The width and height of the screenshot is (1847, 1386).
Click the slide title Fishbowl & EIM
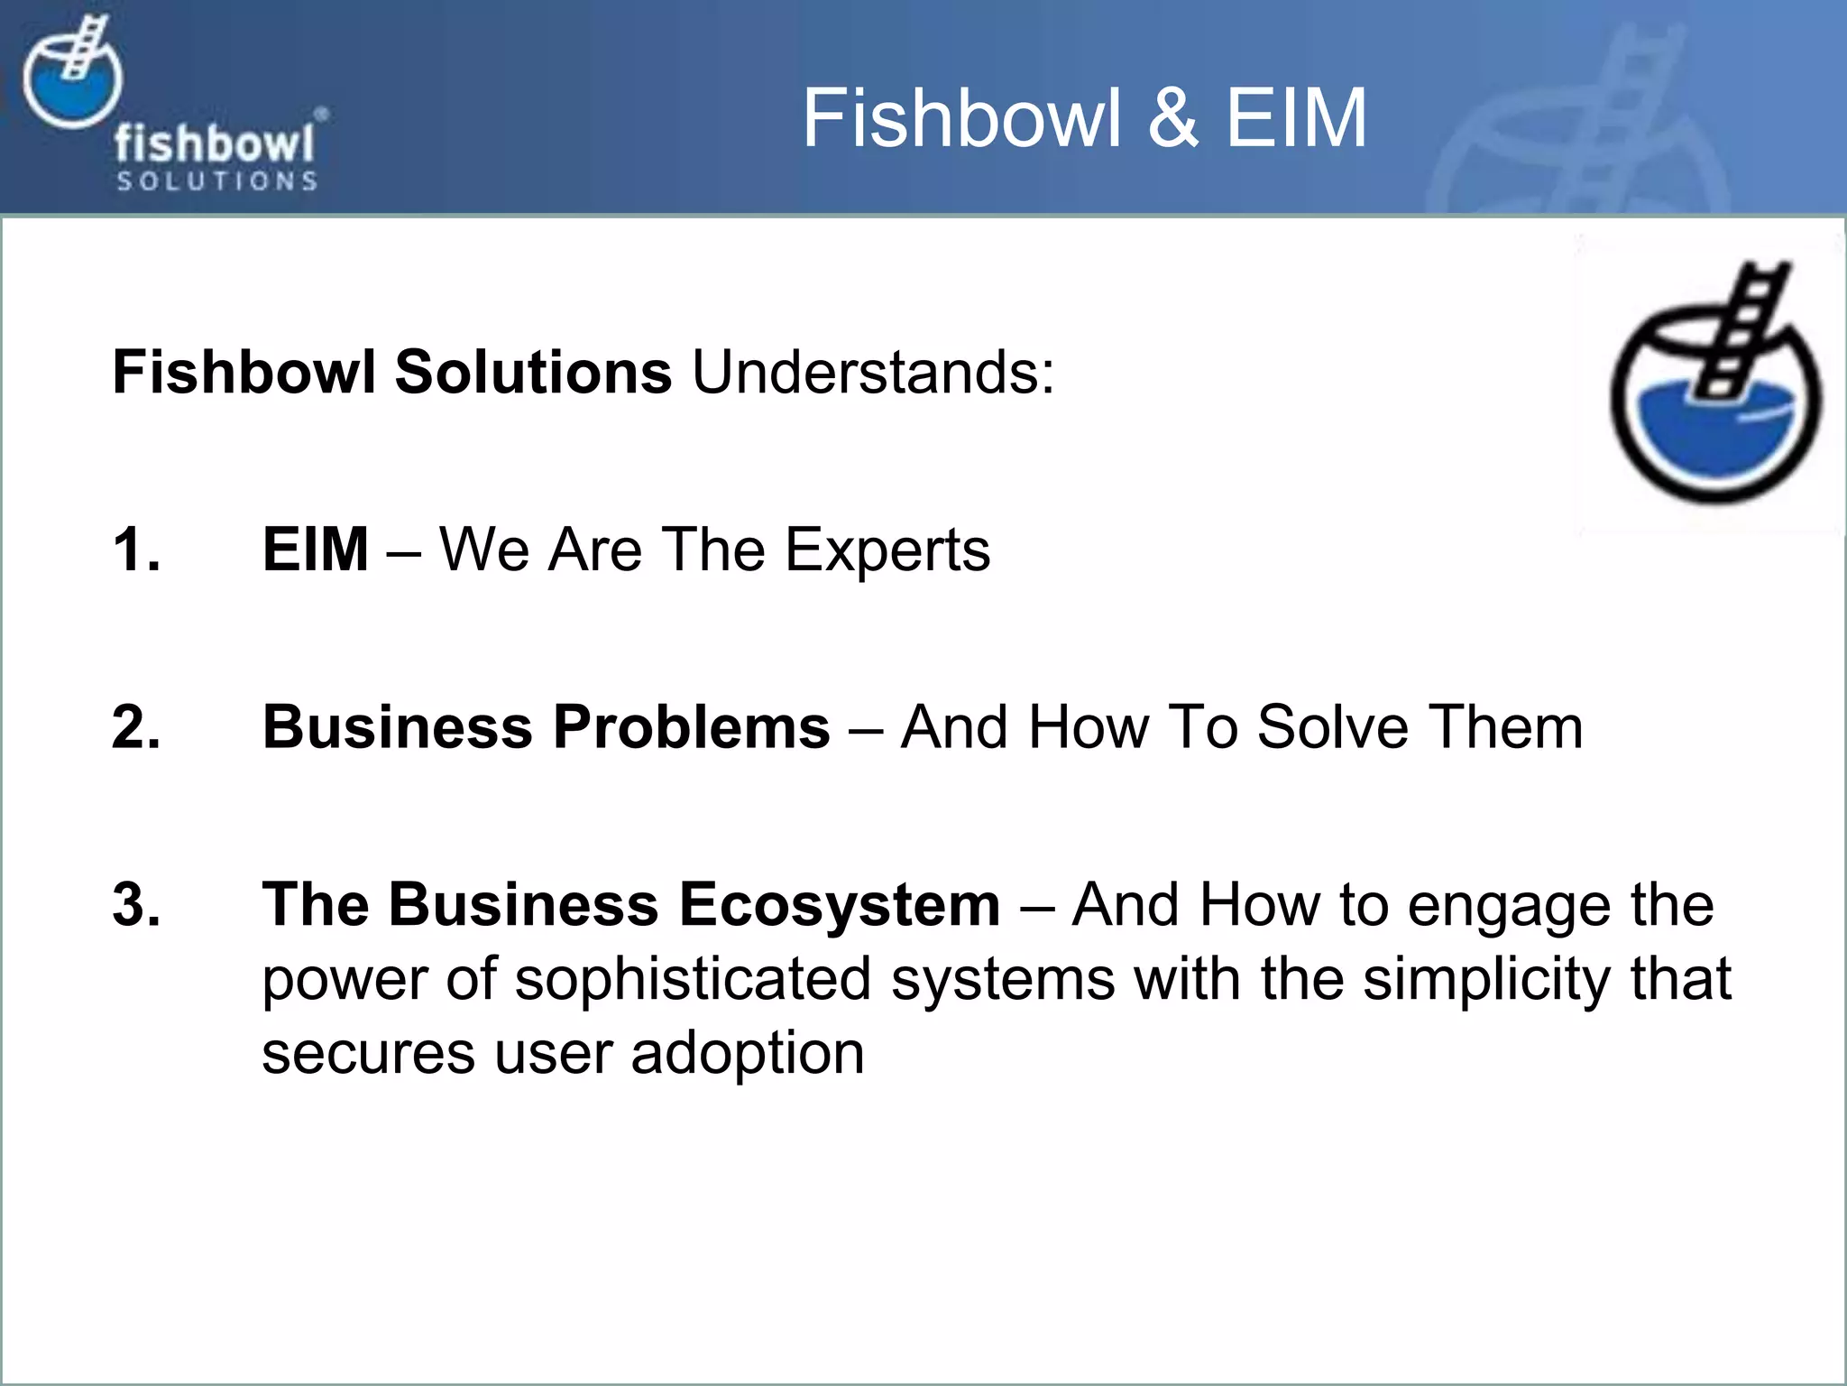click(1084, 118)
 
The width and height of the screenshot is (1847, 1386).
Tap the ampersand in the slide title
click(1172, 118)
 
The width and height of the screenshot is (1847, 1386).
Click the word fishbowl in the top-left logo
click(215, 144)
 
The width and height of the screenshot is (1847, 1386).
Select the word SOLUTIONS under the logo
click(216, 181)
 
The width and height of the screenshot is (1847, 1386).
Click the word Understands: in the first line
click(873, 372)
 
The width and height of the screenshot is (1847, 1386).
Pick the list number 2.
click(135, 726)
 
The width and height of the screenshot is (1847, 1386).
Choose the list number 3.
click(135, 904)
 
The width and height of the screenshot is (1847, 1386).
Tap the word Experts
click(887, 550)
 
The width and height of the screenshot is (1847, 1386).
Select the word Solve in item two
click(1332, 727)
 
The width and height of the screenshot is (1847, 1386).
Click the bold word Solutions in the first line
click(533, 372)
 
